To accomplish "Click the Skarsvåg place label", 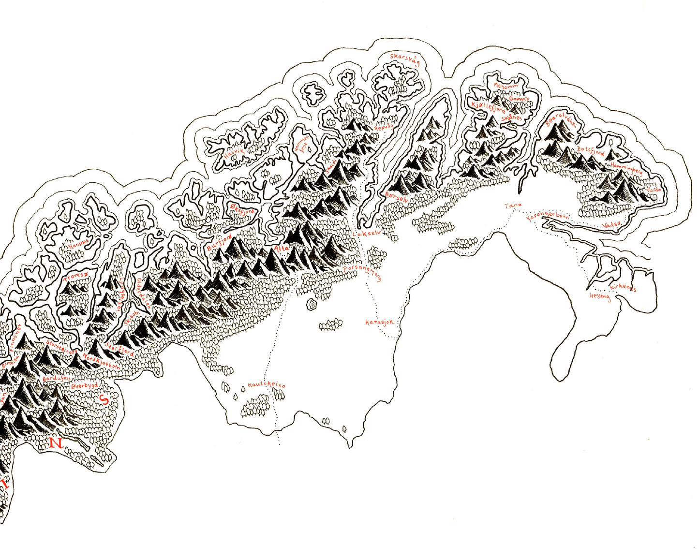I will click(405, 60).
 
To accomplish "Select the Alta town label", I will click(281, 248).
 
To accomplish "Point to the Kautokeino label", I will click(267, 385).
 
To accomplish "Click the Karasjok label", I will click(380, 322).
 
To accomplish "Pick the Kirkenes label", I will click(623, 288).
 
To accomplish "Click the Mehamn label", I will click(506, 87).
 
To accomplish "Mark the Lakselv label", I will click(368, 234).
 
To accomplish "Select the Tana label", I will click(513, 206).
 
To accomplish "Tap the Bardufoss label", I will click(57, 377).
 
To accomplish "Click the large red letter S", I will click(103, 399).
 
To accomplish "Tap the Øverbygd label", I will click(85, 386).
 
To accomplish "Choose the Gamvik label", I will click(520, 99).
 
